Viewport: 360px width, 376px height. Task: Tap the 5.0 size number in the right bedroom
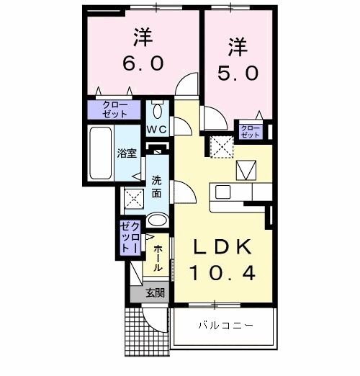[238, 73]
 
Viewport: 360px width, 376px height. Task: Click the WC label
[158, 130]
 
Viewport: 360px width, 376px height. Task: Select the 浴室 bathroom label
[127, 153]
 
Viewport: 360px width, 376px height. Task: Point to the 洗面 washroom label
[157, 187]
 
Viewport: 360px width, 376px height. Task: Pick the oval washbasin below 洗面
[157, 220]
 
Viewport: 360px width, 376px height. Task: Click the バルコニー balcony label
[225, 326]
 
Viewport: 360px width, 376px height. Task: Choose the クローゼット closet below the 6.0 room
[116, 109]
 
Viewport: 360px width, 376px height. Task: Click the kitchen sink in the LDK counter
[222, 192]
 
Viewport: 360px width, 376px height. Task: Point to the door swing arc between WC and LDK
[181, 127]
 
